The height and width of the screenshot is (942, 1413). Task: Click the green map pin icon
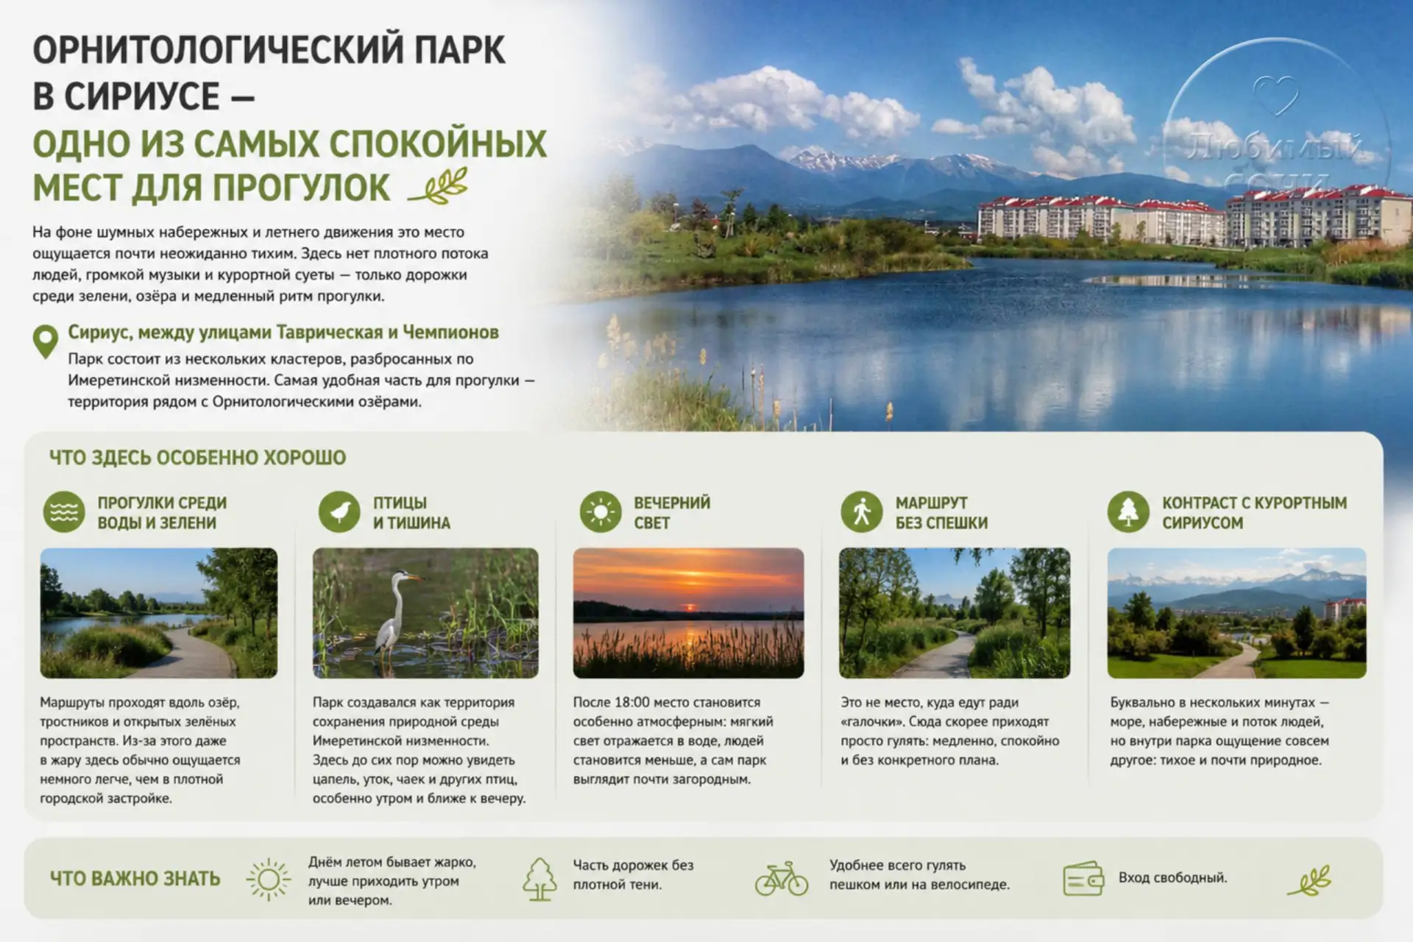[46, 341]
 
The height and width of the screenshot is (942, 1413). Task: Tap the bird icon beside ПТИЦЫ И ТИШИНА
[339, 511]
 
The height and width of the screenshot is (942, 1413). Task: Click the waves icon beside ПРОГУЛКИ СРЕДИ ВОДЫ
[64, 511]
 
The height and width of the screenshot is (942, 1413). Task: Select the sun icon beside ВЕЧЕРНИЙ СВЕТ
[601, 511]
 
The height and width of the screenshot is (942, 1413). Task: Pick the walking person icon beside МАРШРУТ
[862, 511]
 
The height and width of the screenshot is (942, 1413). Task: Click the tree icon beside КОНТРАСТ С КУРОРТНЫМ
[1128, 511]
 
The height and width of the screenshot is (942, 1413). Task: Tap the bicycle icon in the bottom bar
[782, 878]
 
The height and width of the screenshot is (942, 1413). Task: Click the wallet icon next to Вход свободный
[1083, 878]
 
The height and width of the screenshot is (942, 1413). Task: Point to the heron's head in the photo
[406, 576]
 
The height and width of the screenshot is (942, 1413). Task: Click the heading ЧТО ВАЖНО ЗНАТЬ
[135, 879]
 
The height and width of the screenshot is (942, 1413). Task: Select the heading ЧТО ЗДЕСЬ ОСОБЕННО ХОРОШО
[197, 458]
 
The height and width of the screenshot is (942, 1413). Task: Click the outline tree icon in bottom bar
[539, 879]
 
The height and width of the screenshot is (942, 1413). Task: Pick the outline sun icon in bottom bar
[269, 879]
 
